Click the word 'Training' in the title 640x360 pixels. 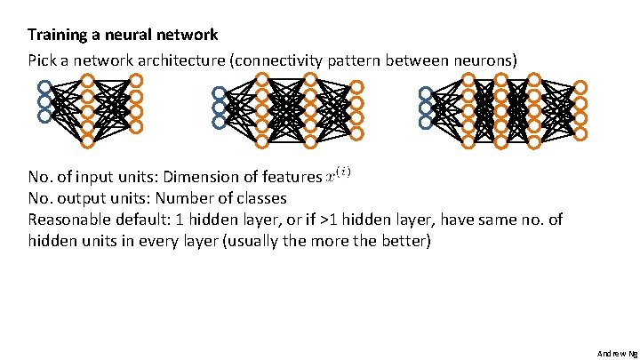[56, 36]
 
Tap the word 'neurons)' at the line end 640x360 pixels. [486, 60]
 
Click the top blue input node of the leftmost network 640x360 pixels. [44, 86]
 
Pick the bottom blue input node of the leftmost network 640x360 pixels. [44, 115]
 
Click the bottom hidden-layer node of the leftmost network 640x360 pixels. [88, 140]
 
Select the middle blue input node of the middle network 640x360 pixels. [219, 108]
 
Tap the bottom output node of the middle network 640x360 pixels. [356, 133]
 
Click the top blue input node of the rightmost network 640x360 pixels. [426, 93]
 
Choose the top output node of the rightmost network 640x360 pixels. [580, 87]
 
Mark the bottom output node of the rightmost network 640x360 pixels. [580, 133]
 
